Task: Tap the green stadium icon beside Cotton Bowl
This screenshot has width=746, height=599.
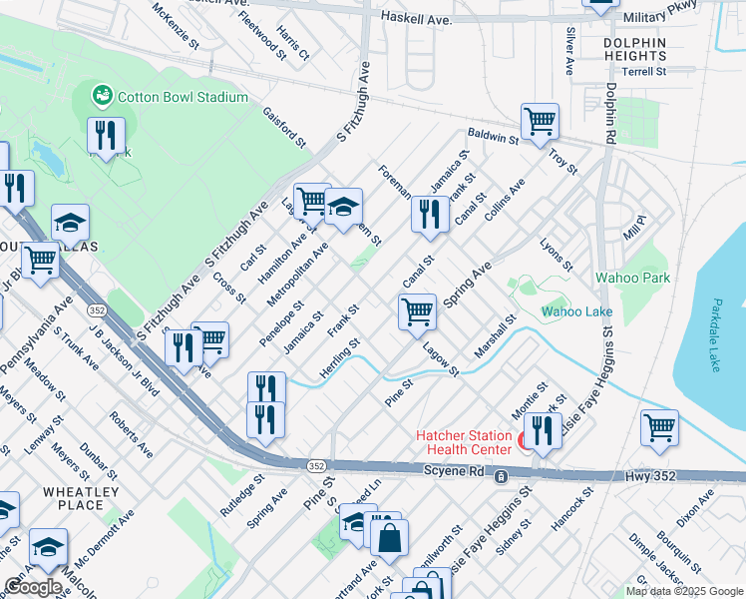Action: (101, 96)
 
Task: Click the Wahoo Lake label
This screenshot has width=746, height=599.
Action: (576, 311)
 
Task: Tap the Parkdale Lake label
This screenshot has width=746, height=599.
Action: (718, 335)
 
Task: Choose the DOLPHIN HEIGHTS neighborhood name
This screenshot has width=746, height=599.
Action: (634, 50)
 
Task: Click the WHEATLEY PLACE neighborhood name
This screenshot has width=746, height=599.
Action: (81, 499)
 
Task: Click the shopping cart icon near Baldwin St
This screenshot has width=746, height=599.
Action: (540, 122)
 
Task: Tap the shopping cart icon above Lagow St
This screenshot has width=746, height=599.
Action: (418, 311)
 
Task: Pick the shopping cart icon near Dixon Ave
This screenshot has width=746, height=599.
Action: (659, 427)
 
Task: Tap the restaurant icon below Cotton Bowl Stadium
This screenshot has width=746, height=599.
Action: (106, 136)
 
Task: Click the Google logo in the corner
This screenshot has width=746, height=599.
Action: (33, 587)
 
